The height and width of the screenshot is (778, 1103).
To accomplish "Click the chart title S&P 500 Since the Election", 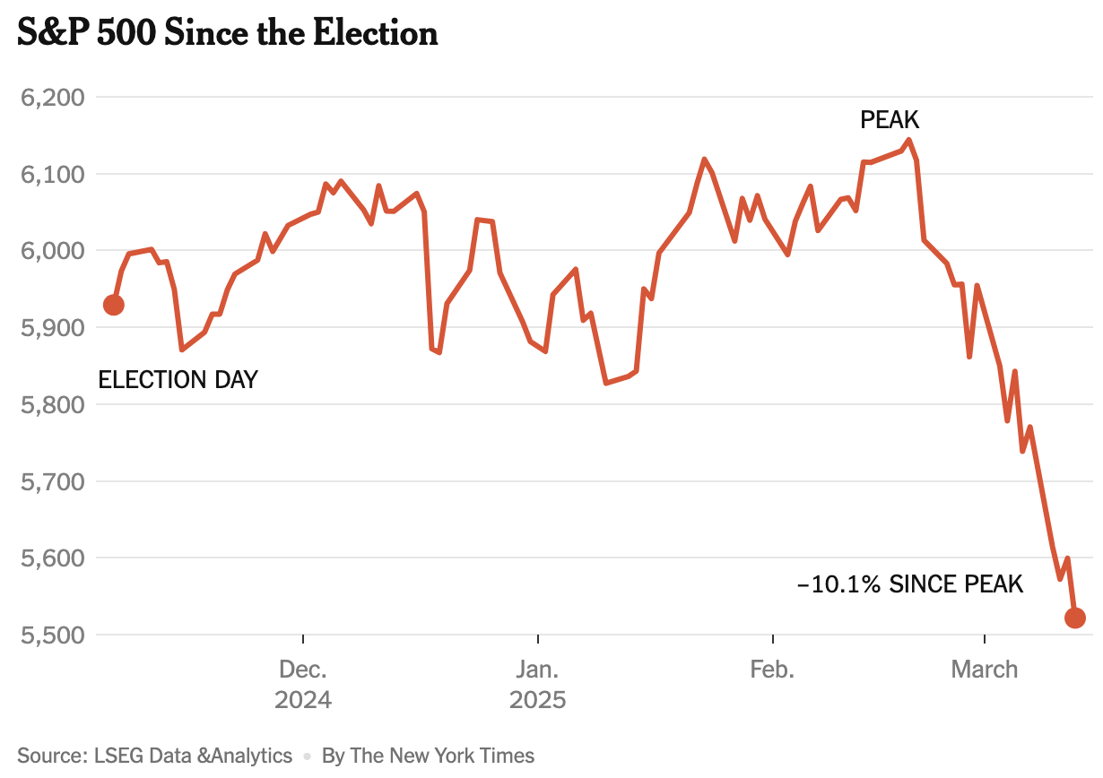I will pos(228,33).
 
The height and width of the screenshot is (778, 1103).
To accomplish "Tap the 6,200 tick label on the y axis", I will pos(52,97).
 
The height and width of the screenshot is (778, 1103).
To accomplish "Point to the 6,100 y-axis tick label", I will pos(52,174).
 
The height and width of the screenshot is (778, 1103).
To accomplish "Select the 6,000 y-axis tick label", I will pos(52,251).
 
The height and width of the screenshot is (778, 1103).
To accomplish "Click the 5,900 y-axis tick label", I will pos(52,328).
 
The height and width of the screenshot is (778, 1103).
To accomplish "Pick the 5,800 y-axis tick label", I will pos(52,405).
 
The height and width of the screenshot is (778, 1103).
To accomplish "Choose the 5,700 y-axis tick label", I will pos(52,482).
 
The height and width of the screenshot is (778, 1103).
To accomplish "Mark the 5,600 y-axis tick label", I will pos(52,558).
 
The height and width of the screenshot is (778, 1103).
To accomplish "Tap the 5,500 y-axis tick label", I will pos(52,635).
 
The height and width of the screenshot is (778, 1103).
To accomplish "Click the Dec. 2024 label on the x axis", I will pos(303,684).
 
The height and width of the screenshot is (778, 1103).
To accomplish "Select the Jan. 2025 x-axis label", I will pos(538,684).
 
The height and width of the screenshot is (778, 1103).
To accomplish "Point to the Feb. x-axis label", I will pos(772,670).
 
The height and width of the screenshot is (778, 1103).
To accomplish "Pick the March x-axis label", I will pos(985,670).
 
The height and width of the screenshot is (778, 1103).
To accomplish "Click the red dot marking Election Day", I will pos(114,305).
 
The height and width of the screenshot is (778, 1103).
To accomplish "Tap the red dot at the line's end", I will pos(1074,618).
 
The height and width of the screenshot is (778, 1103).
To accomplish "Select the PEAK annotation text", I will pos(890,120).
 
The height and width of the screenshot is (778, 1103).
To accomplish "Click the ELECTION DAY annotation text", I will pos(178,380).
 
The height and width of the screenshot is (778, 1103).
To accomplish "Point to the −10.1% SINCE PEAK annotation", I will pos(910,585).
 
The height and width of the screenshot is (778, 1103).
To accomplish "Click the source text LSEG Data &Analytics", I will pos(155,756).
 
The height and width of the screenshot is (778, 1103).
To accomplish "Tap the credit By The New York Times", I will pos(428,756).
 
